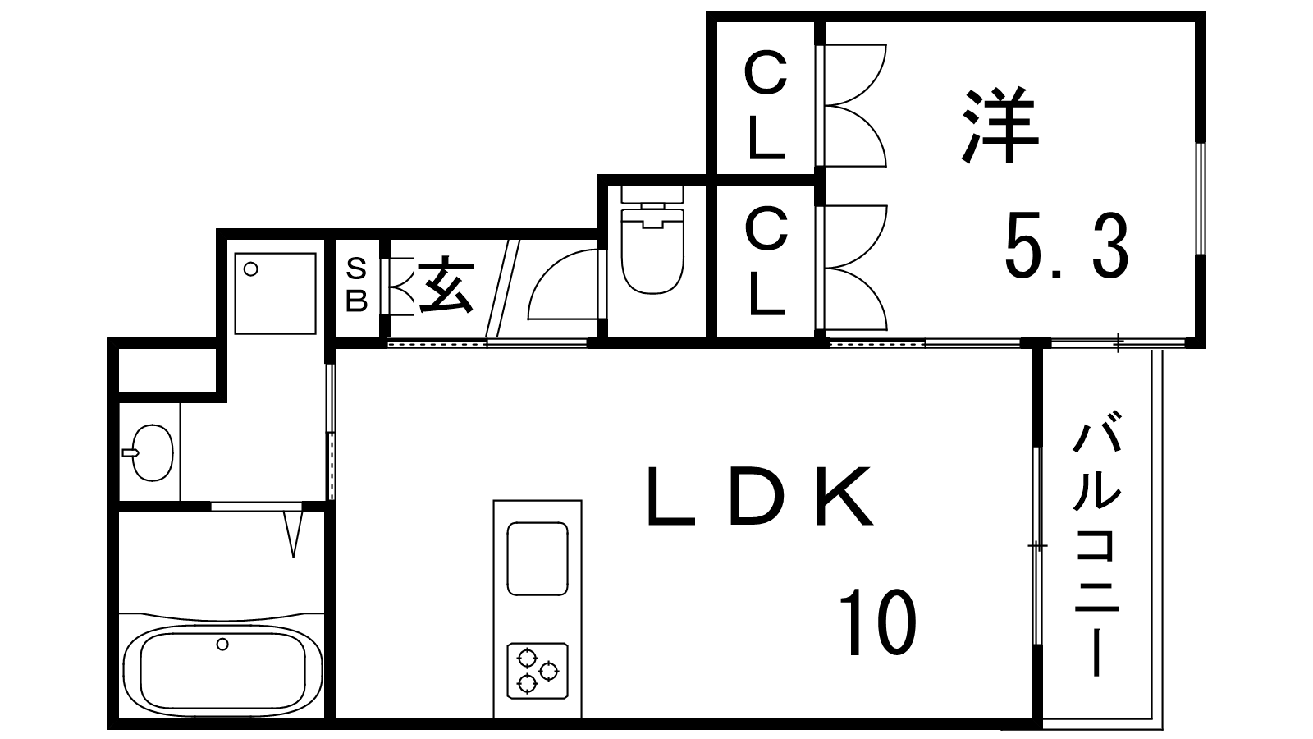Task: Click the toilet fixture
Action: pos(652,239)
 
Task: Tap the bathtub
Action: pos(222,666)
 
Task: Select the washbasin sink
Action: pos(152,453)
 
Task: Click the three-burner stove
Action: pos(538,671)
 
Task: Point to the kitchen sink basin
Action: pos(538,559)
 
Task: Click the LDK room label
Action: pos(760,496)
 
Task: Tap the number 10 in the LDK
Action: pos(877,623)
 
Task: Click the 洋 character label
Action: pos(1000,126)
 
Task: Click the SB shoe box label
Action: pos(356,286)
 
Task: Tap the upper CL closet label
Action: pos(766,106)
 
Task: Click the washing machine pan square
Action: pos(276,293)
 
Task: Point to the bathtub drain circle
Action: pos(222,644)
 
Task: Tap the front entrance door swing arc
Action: pos(563,284)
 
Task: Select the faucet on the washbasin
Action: pos(130,452)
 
